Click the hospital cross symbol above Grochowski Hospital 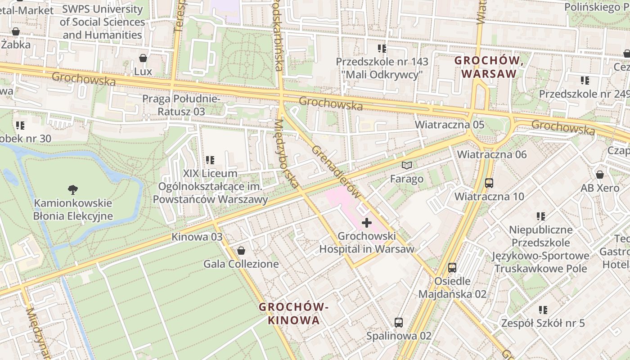[x=367, y=222]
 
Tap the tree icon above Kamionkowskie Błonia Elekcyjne [x=72, y=189]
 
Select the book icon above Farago [x=407, y=166]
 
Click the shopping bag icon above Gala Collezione [x=241, y=251]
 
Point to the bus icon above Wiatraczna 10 [x=489, y=183]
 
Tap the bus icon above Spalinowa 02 [x=399, y=322]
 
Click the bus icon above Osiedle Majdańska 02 [x=452, y=268]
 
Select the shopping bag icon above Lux [x=143, y=58]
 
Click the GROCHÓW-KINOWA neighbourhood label [x=294, y=314]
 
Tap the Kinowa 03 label [x=197, y=237]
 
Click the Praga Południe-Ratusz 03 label [x=181, y=105]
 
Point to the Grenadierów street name [x=336, y=172]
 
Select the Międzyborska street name [x=286, y=153]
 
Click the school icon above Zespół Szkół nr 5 [x=543, y=310]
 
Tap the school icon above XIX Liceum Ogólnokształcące [x=210, y=160]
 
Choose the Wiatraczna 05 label [x=449, y=124]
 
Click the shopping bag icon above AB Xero [x=600, y=175]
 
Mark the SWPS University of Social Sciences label [x=102, y=22]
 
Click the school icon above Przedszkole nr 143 [x=382, y=48]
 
